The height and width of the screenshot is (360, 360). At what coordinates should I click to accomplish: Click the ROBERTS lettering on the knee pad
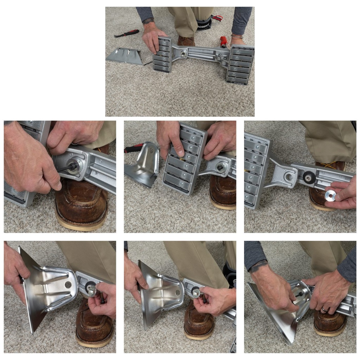click(203, 26)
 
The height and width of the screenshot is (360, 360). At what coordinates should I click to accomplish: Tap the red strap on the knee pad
click(217, 18)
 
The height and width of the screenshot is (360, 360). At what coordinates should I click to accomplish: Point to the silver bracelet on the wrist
click(237, 36)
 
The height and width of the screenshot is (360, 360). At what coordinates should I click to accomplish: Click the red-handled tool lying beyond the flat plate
click(127, 33)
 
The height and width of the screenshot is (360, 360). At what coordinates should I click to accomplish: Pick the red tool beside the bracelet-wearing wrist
click(223, 41)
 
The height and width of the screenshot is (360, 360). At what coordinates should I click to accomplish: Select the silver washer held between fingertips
click(330, 195)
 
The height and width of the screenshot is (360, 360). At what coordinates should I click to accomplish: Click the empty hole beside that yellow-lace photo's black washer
click(289, 177)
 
